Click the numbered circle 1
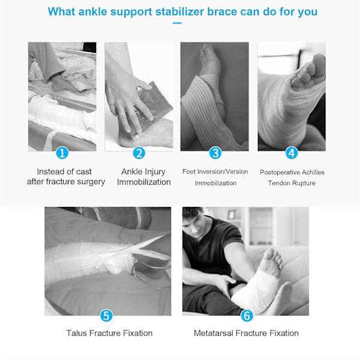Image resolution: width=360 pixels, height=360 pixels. coord(62,153)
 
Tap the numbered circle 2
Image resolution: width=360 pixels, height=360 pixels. coord(139,153)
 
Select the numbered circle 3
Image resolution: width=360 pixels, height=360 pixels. coord(215,153)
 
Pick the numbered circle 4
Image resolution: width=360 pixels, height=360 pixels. coord(292,153)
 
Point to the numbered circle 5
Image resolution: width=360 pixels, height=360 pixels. coord(106,316)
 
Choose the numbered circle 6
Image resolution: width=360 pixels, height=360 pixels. coord(247,316)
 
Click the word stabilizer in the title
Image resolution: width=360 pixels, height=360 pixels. coord(180,11)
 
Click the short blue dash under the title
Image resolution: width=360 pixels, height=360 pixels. coord(177,23)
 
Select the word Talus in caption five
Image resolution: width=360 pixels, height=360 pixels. coord(76,333)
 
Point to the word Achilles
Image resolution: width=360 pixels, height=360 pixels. coord(313,172)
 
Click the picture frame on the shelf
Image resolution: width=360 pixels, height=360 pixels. coord(231,214)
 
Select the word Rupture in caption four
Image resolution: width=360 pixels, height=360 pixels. coord(304,183)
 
